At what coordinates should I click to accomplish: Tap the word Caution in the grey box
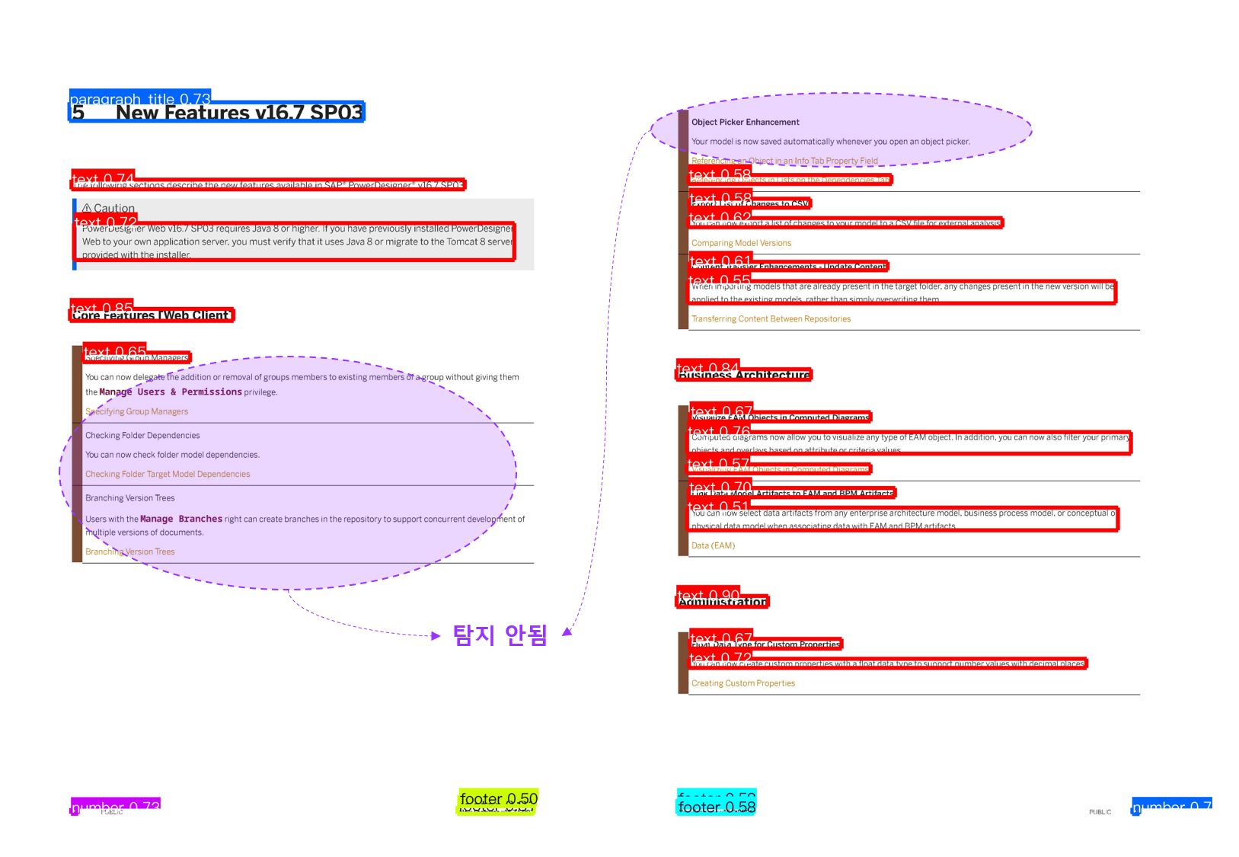(x=113, y=208)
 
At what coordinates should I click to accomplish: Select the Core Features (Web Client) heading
(x=151, y=315)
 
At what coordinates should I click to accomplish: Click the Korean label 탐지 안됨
(x=500, y=635)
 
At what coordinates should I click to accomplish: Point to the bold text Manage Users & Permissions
(x=170, y=392)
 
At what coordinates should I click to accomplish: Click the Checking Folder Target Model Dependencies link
(x=168, y=474)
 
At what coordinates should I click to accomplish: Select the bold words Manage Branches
(x=181, y=519)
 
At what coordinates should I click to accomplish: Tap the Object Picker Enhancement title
(x=745, y=122)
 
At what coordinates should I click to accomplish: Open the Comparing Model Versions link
(x=741, y=243)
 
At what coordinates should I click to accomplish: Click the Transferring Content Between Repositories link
(x=771, y=319)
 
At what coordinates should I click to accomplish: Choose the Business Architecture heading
(x=744, y=375)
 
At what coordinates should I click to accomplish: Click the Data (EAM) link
(x=713, y=545)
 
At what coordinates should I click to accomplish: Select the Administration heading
(x=722, y=602)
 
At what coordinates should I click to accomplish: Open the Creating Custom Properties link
(x=742, y=683)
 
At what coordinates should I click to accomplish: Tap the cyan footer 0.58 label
(x=716, y=807)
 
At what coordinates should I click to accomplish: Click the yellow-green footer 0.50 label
(x=498, y=798)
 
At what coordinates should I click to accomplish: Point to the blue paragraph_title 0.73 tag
(x=140, y=98)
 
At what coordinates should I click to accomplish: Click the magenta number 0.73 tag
(x=116, y=806)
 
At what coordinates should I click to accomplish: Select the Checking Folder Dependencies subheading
(x=142, y=436)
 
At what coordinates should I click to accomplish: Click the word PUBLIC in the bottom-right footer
(x=1100, y=812)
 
